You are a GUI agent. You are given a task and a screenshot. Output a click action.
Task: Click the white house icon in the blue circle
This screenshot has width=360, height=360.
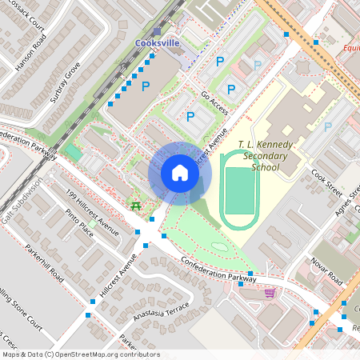pos(180,173)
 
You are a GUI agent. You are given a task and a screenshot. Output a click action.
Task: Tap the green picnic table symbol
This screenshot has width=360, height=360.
pos(136,207)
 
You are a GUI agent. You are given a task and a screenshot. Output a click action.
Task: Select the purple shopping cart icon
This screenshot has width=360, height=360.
pos(270,293)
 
